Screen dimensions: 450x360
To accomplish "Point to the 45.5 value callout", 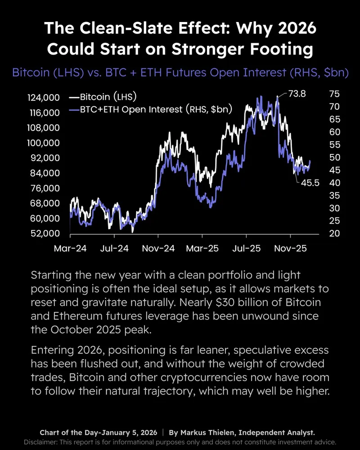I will click(310, 184).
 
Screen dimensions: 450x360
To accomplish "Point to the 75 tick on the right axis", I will click(334, 94).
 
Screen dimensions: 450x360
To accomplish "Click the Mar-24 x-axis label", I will click(71, 248).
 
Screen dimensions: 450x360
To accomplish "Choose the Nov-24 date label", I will click(158, 248).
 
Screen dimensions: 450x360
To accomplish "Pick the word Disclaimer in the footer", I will click(43, 441).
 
